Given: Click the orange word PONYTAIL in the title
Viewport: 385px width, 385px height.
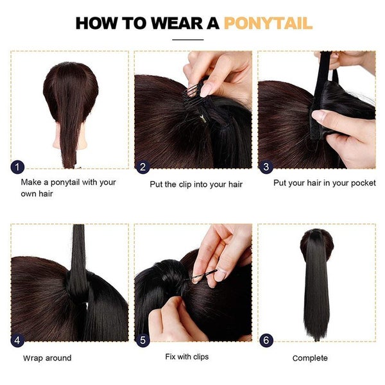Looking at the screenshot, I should [268, 24].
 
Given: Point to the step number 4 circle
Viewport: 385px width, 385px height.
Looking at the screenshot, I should [18, 340].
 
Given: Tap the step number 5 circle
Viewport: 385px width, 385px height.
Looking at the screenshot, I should [142, 340].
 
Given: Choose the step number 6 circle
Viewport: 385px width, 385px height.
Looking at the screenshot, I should [266, 340].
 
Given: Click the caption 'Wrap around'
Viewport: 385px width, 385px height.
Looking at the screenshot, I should [47, 358].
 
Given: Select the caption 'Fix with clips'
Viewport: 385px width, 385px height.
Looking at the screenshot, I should [187, 356].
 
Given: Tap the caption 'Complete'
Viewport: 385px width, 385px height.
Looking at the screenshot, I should [310, 358].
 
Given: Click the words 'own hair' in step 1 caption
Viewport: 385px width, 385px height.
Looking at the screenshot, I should [37, 193].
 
